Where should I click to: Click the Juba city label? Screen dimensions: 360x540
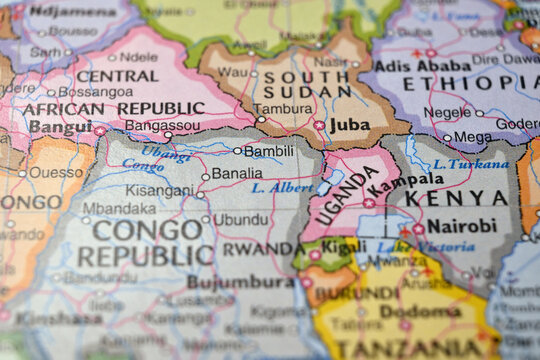pos(349,125)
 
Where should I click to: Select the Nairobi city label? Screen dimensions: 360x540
pos(461,226)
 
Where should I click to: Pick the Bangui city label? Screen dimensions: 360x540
pos(61,127)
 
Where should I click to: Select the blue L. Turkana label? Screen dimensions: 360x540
pos(471,163)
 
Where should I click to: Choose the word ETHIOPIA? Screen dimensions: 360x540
pos(462,84)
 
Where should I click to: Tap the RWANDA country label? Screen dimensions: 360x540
pos(263,249)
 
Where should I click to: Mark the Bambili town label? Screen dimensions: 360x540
pos(269,151)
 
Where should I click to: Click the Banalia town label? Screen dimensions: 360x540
pos(237,173)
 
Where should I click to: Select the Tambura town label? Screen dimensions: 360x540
pos(283,108)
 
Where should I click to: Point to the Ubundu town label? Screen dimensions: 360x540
pos(241,218)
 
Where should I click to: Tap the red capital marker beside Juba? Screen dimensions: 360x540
pos(319,125)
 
